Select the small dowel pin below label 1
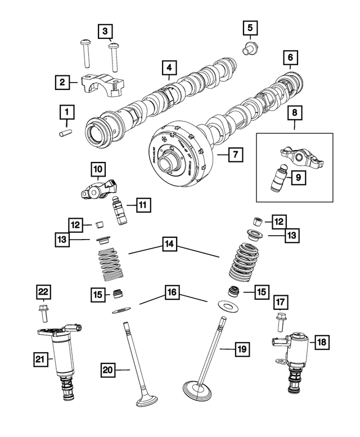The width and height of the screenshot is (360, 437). click(66, 134)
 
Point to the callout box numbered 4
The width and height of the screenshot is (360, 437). click(167, 68)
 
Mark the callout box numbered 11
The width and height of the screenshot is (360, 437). click(143, 205)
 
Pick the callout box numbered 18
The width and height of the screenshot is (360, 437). click(322, 341)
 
